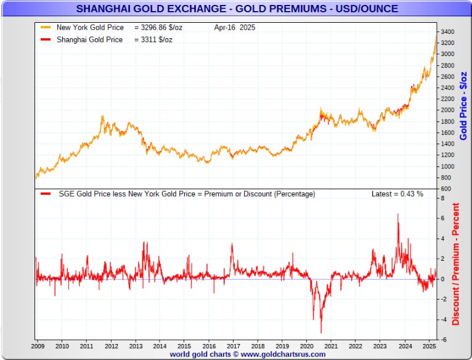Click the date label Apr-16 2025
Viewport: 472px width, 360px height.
pos(235,28)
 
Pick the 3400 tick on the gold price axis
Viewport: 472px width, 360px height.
pos(447,31)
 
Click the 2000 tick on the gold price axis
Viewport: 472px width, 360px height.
pos(447,110)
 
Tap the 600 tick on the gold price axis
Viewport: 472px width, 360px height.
pos(446,189)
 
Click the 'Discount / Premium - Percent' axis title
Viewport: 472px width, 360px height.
pos(456,264)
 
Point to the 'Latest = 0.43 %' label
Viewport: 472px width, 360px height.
pos(397,194)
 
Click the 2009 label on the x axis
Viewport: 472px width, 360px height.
pos(39,346)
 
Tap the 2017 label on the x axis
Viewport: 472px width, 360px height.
pos(234,346)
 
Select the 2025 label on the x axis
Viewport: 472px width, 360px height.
pos(428,346)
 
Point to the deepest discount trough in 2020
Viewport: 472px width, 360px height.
pos(321,332)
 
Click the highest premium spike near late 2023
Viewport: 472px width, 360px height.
pos(397,215)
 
